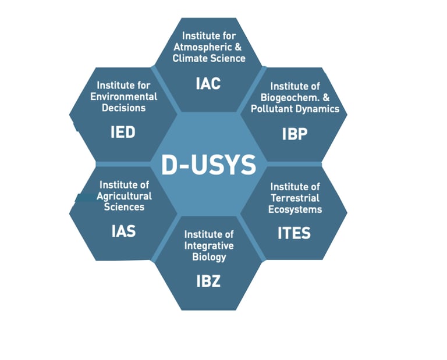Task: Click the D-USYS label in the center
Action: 208,165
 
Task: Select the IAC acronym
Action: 208,84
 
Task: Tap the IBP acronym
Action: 295,133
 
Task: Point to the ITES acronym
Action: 294,233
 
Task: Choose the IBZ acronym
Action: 208,281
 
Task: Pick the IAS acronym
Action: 123,231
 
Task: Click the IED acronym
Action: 123,133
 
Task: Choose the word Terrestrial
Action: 295,198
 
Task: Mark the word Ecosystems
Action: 295,209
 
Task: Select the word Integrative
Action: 208,245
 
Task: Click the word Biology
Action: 208,256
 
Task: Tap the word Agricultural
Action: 124,196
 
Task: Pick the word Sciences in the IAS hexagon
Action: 124,207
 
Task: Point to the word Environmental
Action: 123,97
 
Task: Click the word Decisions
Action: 123,108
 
